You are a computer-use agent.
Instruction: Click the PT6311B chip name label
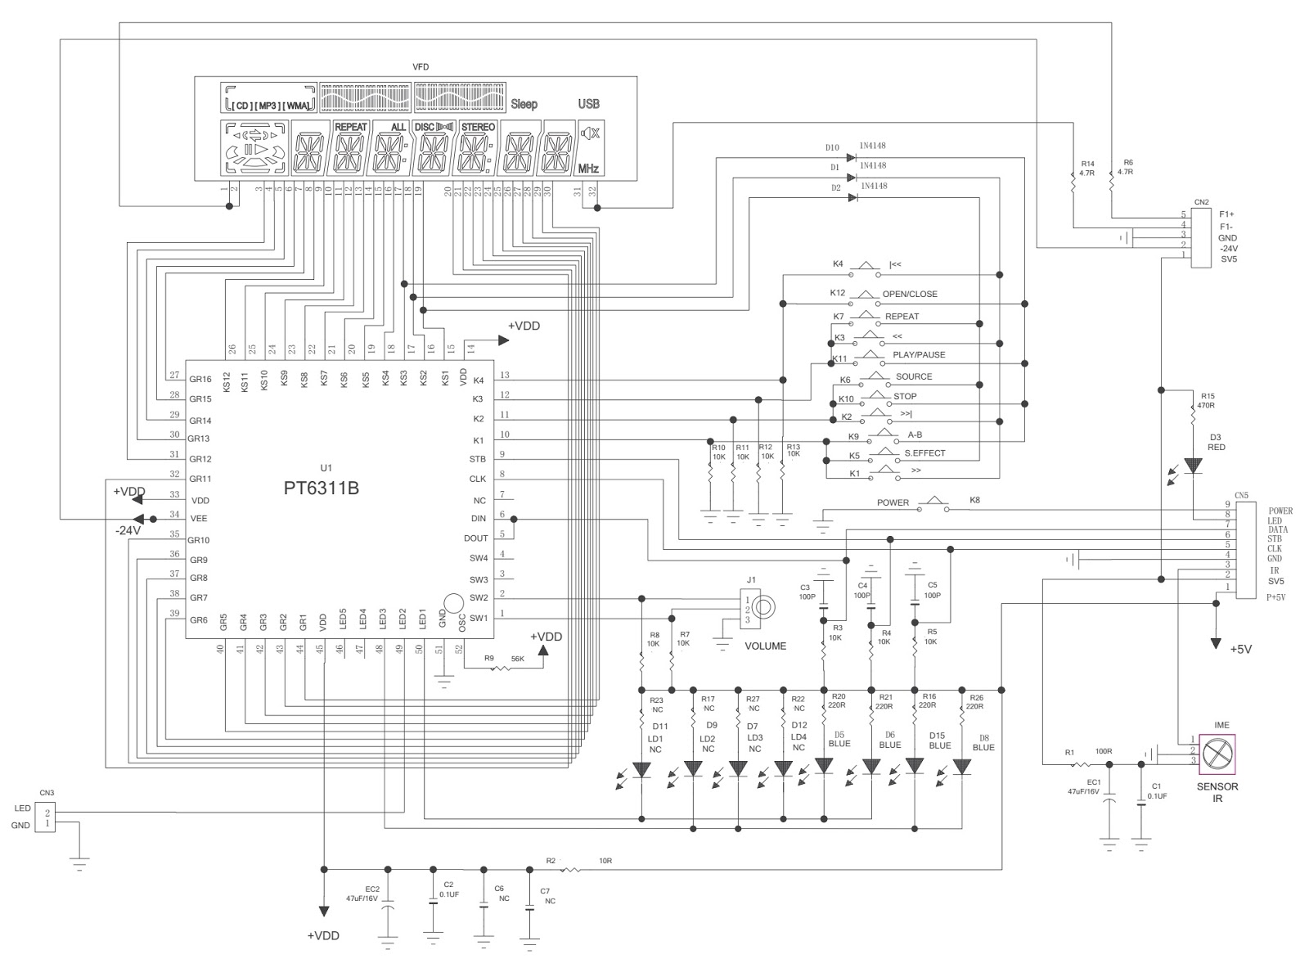pyautogui.click(x=321, y=489)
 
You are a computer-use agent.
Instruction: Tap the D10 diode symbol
pyautogui.click(x=852, y=158)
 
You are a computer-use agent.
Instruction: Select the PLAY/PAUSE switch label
pyautogui.click(x=918, y=355)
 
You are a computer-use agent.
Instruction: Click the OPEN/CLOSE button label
pyautogui.click(x=909, y=294)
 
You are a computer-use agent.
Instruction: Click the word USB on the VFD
pyautogui.click(x=588, y=104)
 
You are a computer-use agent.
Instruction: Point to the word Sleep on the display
pyautogui.click(x=524, y=104)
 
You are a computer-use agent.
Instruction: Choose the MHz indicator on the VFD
pyautogui.click(x=589, y=169)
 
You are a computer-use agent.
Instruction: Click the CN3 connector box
pyautogui.click(x=47, y=817)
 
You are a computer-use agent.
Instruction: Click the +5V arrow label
pyautogui.click(x=1239, y=649)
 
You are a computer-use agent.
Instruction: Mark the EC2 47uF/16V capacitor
pyautogui.click(x=389, y=905)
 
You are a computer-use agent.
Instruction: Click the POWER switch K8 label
pyautogui.click(x=893, y=502)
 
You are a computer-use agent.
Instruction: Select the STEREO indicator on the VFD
pyautogui.click(x=478, y=128)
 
